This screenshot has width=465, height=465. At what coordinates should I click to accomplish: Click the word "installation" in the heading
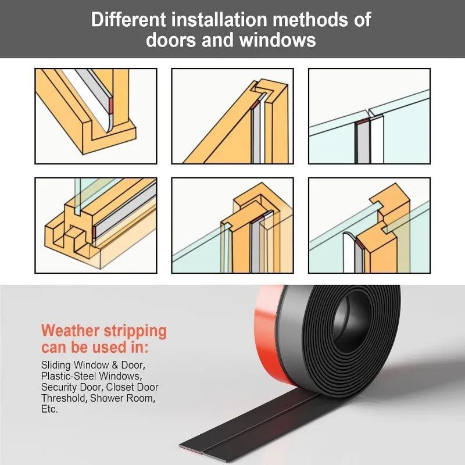pos(219,20)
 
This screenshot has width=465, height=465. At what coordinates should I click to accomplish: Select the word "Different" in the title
pos(128,20)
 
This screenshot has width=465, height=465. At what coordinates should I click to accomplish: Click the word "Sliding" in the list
pos(56,365)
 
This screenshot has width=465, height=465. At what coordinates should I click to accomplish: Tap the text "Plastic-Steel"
pos(69,376)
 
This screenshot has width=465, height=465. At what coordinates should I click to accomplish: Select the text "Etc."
pos(49,409)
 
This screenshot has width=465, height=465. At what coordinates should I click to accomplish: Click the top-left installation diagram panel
pos(96,116)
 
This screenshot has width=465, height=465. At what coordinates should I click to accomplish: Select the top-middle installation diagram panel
pos(233,116)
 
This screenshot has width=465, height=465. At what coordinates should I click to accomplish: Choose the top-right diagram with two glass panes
pos(369,116)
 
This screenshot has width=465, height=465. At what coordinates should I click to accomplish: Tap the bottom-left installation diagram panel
pos(96,226)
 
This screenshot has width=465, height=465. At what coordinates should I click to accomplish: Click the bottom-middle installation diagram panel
pos(233,226)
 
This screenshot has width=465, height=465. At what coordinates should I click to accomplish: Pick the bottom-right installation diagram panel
pos(369,226)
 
